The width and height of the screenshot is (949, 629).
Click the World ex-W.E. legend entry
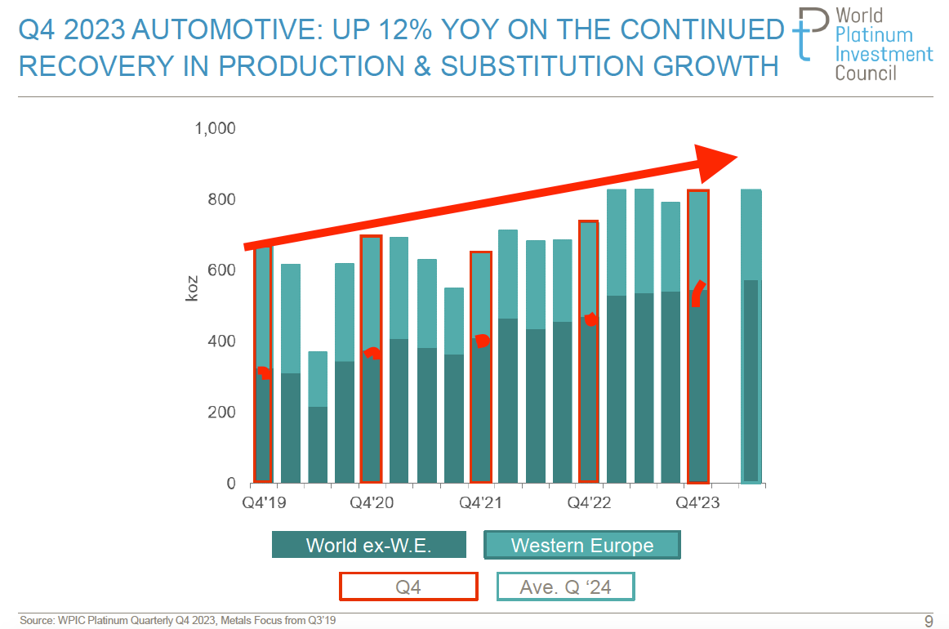[368, 545]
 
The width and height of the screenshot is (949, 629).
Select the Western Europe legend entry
[581, 545]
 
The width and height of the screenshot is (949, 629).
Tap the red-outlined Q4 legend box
[408, 587]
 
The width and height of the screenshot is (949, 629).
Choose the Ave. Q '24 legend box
[565, 587]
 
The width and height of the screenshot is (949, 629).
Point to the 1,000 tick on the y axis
[215, 129]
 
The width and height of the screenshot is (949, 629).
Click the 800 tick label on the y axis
[221, 200]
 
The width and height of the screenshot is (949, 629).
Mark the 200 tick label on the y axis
[221, 413]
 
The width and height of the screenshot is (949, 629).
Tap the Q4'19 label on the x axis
[263, 502]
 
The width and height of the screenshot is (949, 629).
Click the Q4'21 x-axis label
[480, 502]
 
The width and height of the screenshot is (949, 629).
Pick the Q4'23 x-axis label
[697, 502]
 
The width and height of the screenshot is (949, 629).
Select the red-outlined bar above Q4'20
[371, 359]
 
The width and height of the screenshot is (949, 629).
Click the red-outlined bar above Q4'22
[588, 351]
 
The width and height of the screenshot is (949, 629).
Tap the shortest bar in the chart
[318, 417]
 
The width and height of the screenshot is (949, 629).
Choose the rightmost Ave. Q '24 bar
[751, 336]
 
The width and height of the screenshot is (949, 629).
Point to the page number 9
[928, 620]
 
